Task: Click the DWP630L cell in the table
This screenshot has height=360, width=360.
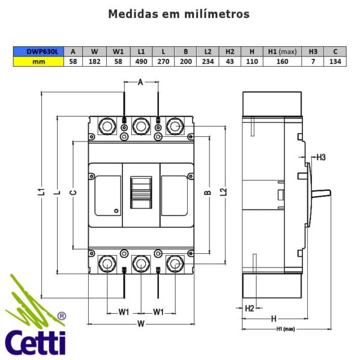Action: pyautogui.click(x=38, y=52)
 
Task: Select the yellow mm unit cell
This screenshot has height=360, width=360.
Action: pyautogui.click(x=38, y=62)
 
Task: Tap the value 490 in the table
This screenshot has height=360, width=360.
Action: pyautogui.click(x=141, y=62)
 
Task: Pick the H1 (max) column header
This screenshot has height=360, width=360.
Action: pyautogui.click(x=281, y=52)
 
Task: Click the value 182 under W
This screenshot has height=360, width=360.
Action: pyautogui.click(x=94, y=62)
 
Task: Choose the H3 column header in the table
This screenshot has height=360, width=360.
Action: pyautogui.click(x=313, y=52)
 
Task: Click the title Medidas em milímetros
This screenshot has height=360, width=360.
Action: pyautogui.click(x=179, y=14)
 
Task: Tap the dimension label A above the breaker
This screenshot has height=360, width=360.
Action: pyautogui.click(x=140, y=83)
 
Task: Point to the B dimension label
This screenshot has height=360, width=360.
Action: pyautogui.click(x=208, y=193)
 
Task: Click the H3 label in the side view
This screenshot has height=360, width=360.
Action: pyautogui.click(x=320, y=157)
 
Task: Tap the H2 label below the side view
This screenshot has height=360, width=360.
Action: pyautogui.click(x=250, y=308)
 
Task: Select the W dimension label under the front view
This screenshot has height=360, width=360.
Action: pyautogui.click(x=140, y=325)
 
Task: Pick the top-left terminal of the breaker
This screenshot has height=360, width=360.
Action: pyautogui.click(x=107, y=126)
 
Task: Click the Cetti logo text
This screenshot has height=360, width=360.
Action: pyautogui.click(x=36, y=342)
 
